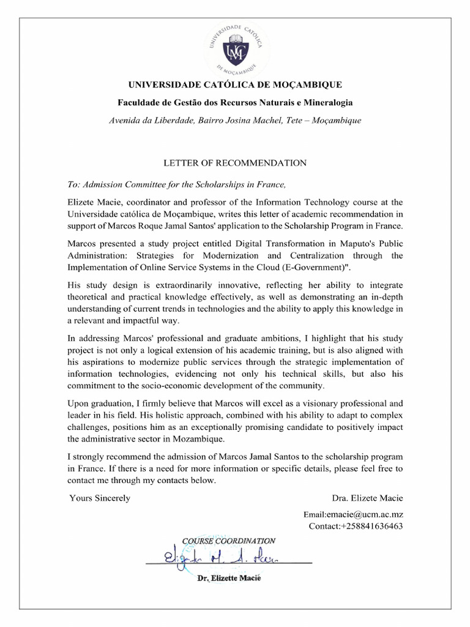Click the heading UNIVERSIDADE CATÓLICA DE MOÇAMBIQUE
(235, 84)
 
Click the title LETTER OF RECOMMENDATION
(234, 163)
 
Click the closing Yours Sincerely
(100, 498)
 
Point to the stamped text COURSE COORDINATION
(229, 541)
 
